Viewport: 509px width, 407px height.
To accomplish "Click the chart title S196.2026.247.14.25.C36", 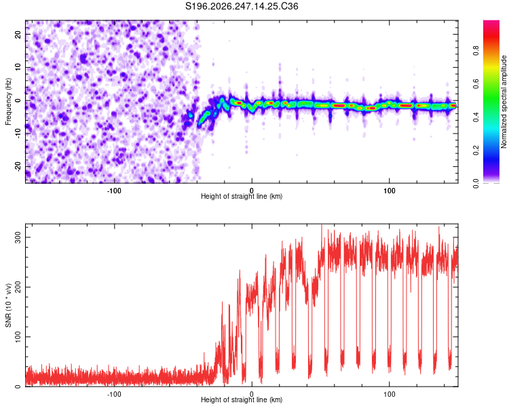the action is [242, 6].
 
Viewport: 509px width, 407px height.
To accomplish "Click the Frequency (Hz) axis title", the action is [8, 102].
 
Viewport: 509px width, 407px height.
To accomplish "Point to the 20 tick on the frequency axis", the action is [18, 34].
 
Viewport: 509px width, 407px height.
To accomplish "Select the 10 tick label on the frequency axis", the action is [18, 67].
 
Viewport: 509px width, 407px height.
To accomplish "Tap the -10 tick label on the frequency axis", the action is [18, 134].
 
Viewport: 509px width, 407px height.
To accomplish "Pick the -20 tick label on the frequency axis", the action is [18, 166].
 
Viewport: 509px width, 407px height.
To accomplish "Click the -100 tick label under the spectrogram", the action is [114, 191].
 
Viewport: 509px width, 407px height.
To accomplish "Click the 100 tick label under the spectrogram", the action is [390, 191].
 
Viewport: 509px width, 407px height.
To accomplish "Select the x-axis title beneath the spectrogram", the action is [242, 196].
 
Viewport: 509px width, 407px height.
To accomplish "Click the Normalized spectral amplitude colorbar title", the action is [504, 102].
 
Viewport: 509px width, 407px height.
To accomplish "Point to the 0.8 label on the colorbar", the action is [476, 51].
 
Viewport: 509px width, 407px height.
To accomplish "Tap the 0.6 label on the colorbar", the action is [476, 83].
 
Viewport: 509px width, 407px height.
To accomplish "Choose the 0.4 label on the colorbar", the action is [476, 117].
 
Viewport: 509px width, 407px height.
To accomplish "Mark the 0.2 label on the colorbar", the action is [476, 151].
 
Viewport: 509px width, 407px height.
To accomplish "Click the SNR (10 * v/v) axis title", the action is [8, 305].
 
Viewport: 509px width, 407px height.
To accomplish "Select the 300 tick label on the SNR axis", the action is [18, 237].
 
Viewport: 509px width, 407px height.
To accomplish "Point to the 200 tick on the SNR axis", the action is [18, 287].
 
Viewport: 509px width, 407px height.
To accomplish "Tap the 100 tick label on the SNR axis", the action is [18, 336].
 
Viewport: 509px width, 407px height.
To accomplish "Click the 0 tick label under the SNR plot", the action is [252, 394].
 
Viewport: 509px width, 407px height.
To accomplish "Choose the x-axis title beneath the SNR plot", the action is [242, 400].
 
